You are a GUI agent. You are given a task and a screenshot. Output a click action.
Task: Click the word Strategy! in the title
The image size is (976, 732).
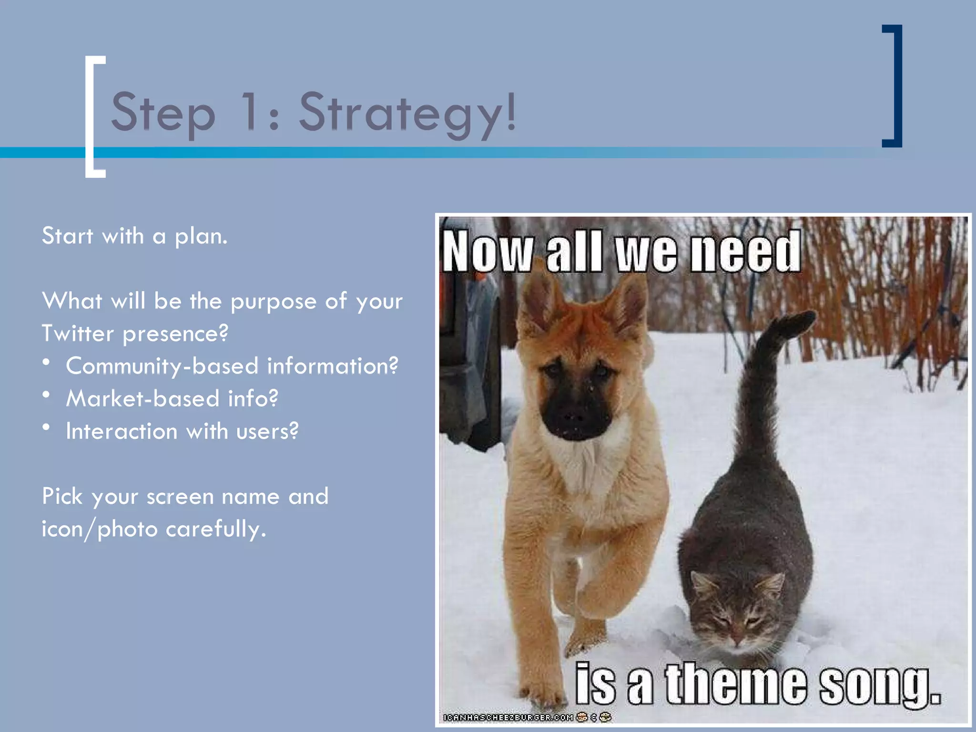click(x=407, y=113)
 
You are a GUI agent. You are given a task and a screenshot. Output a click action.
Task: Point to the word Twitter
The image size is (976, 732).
click(x=78, y=333)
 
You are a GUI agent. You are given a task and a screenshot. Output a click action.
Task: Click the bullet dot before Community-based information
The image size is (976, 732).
click(x=46, y=363)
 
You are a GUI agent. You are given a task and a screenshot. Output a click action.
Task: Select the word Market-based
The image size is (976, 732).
click(x=142, y=398)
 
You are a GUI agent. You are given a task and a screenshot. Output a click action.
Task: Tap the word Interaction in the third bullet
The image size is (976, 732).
click(x=122, y=431)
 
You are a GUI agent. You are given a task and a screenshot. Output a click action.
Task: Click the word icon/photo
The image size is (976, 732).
click(x=100, y=529)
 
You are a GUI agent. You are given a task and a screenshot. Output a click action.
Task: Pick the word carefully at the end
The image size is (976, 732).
click(x=215, y=529)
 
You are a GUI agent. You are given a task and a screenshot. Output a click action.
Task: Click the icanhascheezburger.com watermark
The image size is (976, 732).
click(x=508, y=717)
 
